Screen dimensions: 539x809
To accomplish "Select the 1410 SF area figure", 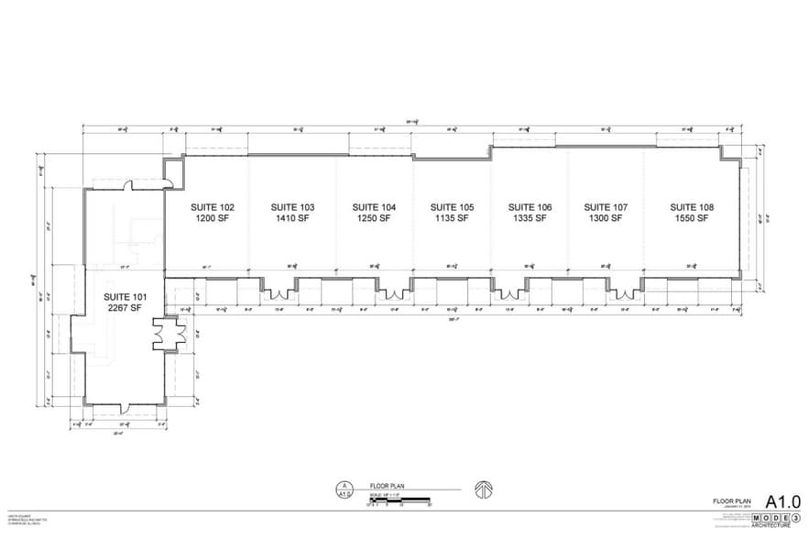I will pyautogui.click(x=292, y=220).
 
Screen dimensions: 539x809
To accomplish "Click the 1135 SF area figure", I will pyautogui.click(x=452, y=220).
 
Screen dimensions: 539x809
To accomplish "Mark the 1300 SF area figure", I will pyautogui.click(x=606, y=220).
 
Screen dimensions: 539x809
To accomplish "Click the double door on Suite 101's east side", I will pyautogui.click(x=169, y=336).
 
